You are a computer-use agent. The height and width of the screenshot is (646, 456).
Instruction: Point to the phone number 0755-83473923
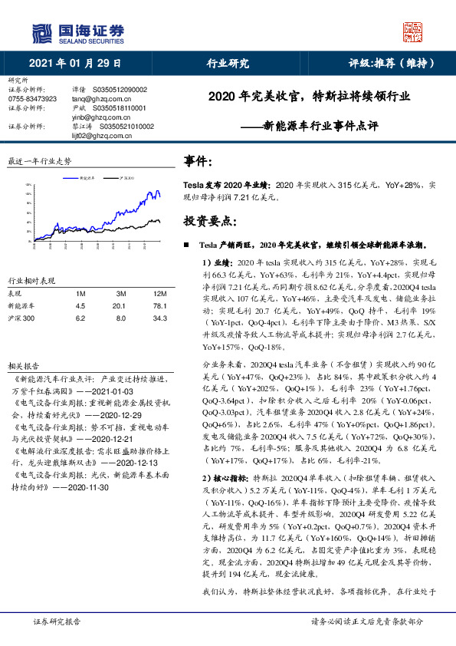tap(32, 100)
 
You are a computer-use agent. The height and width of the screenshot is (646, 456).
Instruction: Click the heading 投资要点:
tap(209, 221)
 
